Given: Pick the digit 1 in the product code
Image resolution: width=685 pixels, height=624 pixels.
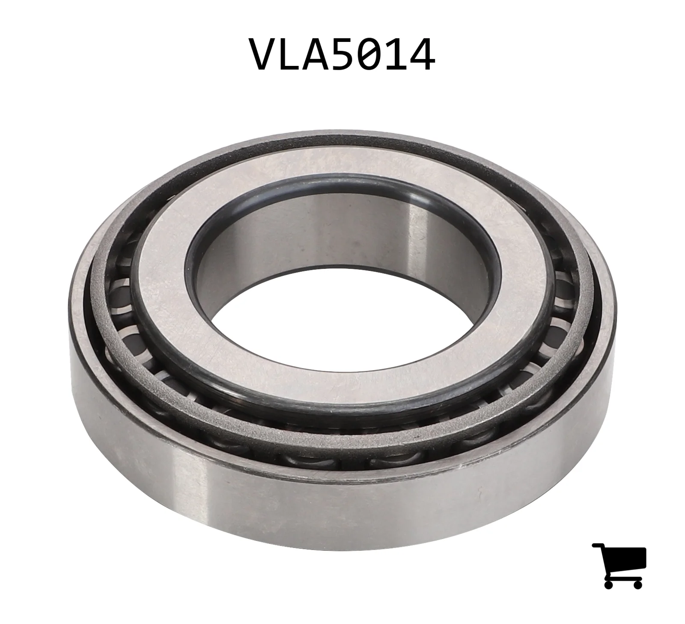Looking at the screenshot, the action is pyautogui.click(x=395, y=55).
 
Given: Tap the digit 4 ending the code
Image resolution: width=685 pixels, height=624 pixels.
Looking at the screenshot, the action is pyautogui.click(x=421, y=55).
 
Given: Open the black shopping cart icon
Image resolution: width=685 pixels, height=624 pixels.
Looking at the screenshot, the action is pyautogui.click(x=619, y=566).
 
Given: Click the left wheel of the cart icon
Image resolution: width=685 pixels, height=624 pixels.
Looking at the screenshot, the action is pyautogui.click(x=609, y=584).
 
